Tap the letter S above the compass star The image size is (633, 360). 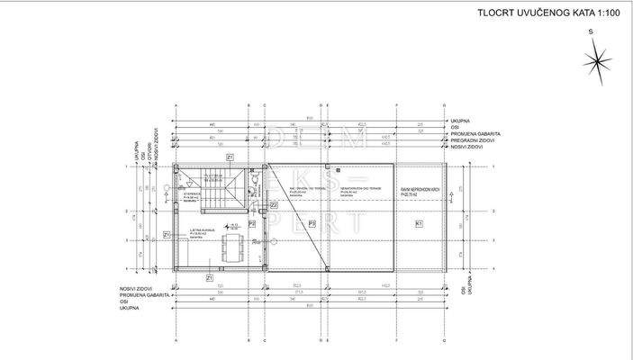[x=592, y=31]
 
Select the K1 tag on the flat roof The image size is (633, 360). [x=419, y=222]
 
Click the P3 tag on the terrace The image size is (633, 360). [x=312, y=222]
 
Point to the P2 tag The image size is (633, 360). [x=253, y=223]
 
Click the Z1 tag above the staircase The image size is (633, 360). [x=231, y=157]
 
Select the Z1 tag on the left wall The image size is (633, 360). [x=167, y=234]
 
